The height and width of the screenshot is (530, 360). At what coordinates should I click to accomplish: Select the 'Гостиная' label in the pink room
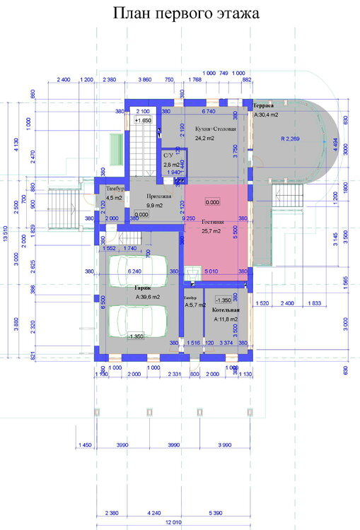211,221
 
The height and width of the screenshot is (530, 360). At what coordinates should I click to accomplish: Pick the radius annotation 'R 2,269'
292,139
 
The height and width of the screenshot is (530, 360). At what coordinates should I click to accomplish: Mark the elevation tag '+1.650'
144,121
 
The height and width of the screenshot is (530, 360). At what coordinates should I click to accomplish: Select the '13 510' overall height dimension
7,230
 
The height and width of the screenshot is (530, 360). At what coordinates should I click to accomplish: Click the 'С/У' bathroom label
168,155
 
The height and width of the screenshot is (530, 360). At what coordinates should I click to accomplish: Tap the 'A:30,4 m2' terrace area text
267,114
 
